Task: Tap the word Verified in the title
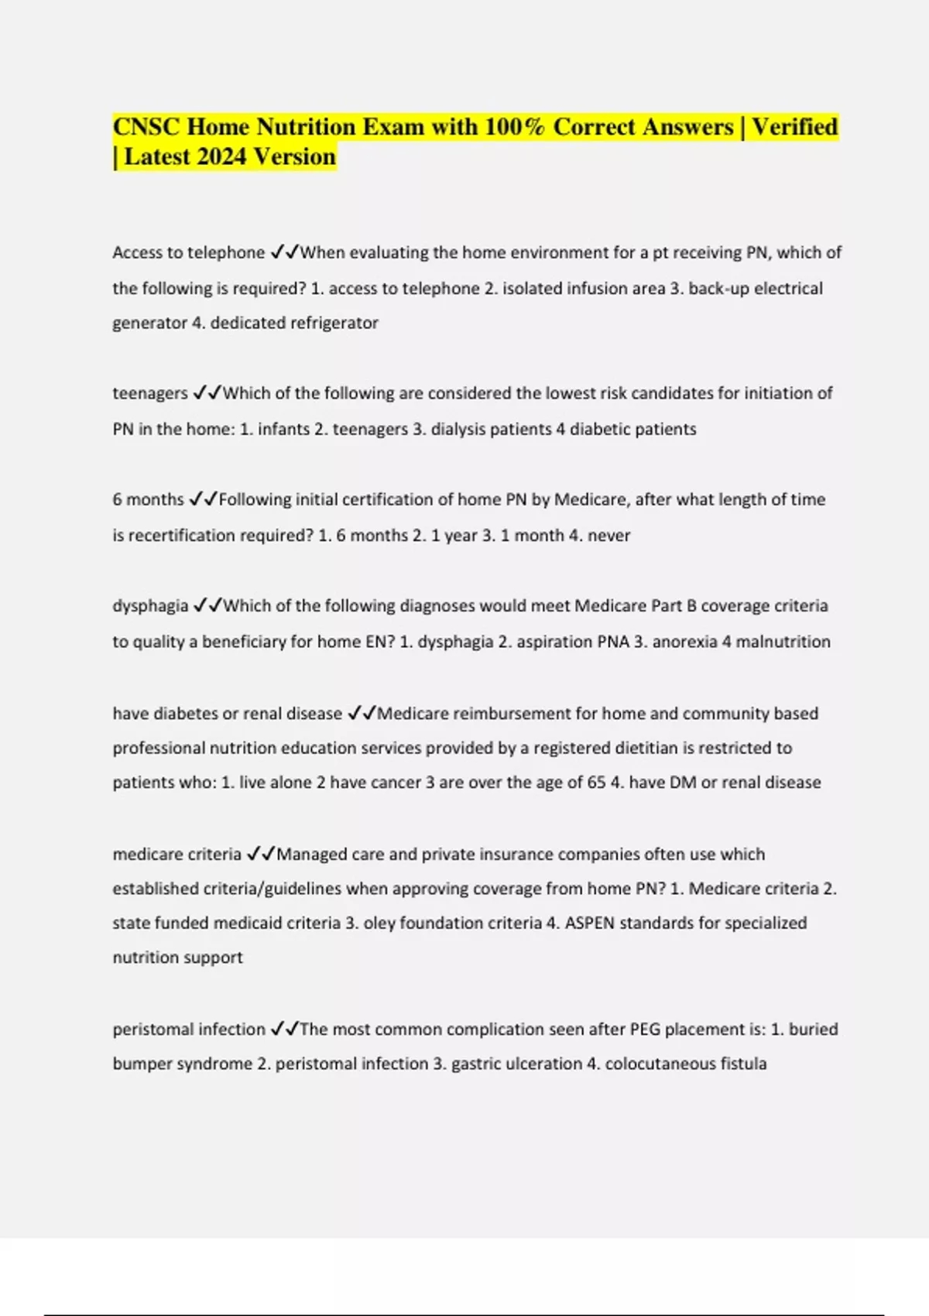(794, 127)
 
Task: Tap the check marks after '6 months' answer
(204, 500)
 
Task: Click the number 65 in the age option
(596, 783)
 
